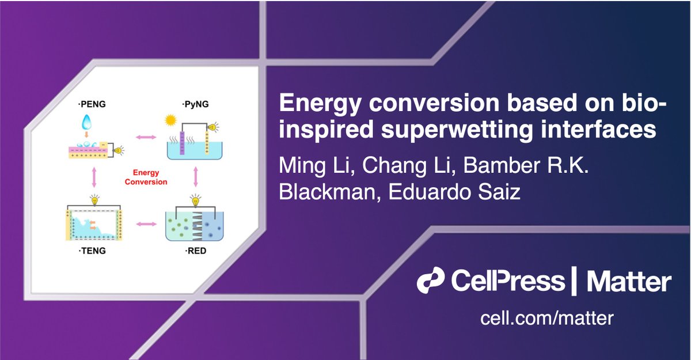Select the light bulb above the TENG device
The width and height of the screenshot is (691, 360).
pyautogui.click(x=94, y=200)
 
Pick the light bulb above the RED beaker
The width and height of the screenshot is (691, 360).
pyautogui.click(x=195, y=200)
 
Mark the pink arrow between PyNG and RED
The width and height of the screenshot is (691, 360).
pyautogui.click(x=196, y=177)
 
